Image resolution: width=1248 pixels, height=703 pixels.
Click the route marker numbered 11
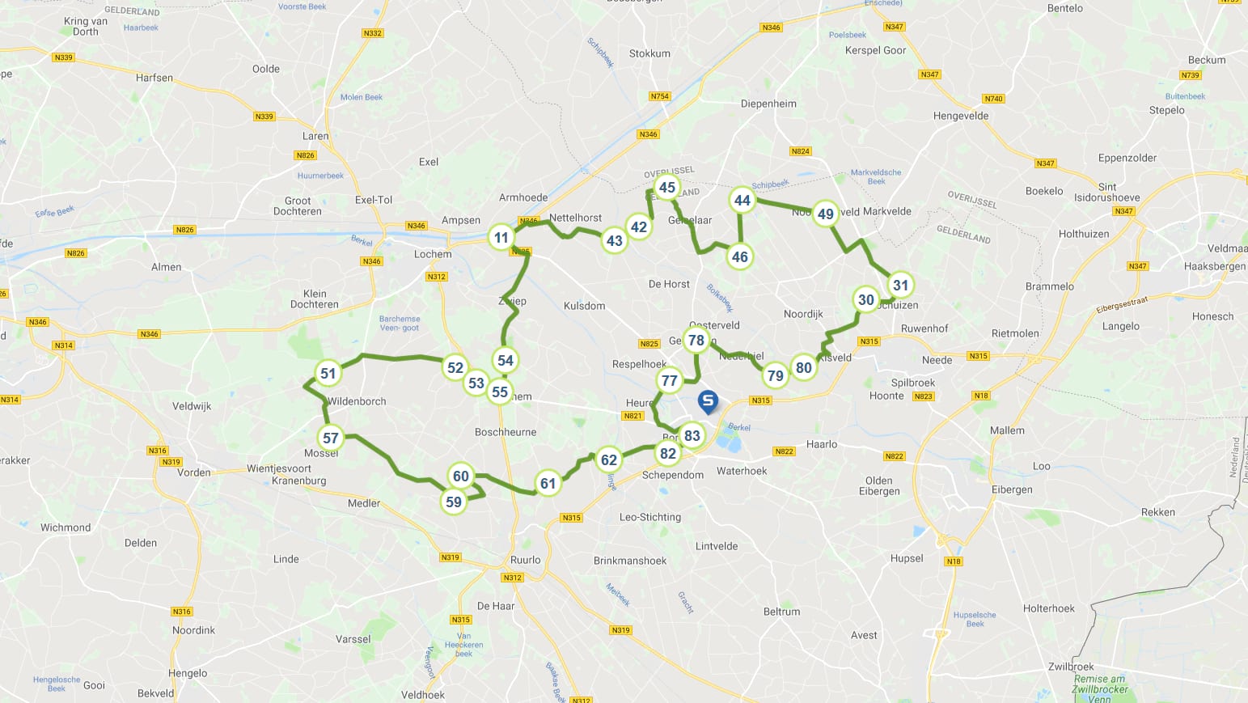[501, 238]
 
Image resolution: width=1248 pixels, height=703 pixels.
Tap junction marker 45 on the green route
[667, 188]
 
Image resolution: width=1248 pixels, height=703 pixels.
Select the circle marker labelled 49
[825, 214]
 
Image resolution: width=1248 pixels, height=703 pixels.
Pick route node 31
[900, 285]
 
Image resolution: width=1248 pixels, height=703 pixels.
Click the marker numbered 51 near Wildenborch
[328, 374]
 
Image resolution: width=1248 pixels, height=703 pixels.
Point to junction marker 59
[454, 502]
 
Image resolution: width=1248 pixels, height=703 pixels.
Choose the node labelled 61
[548, 484]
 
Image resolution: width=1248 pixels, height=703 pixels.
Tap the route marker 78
[696, 341]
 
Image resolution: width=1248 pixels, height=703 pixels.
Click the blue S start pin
[708, 401]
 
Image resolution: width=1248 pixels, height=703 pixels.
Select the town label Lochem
[433, 254]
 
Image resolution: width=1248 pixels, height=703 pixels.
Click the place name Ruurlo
[525, 560]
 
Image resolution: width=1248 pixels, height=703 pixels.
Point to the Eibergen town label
[1012, 489]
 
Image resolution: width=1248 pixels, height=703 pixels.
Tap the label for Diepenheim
[768, 104]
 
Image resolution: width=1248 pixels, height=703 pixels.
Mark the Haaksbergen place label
[1214, 266]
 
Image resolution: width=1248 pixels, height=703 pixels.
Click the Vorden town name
[193, 472]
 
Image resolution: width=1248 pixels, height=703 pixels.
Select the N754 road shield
[660, 96]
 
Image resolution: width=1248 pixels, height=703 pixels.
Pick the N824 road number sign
[800, 151]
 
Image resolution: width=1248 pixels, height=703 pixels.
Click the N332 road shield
[372, 33]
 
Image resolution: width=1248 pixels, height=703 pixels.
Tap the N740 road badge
[993, 99]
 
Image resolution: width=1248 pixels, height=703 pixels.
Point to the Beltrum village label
[781, 612]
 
